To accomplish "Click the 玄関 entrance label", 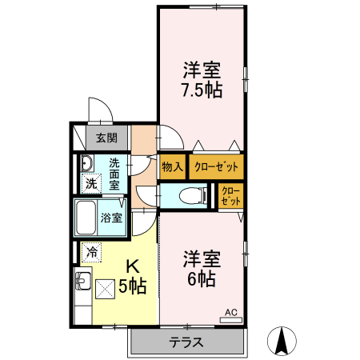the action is (106, 138).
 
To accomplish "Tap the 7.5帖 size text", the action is (202, 90).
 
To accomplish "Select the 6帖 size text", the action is (202, 278).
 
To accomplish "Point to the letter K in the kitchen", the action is (133, 266).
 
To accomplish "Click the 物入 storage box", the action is (172, 167).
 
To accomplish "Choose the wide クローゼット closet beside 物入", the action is (216, 167).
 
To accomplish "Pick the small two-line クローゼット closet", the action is (230, 196).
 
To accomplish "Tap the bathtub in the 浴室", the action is (86, 218).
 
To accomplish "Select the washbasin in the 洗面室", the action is (86, 163).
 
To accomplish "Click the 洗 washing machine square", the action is (91, 183).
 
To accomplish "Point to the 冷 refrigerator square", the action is (92, 252).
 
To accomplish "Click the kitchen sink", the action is (83, 281).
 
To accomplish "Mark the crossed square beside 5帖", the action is (106, 289).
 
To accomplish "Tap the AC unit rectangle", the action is (230, 320).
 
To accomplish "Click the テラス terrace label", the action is (186, 342).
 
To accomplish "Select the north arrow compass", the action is (282, 341).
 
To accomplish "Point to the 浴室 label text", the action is (111, 218).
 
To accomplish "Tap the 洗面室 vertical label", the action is (114, 174).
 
